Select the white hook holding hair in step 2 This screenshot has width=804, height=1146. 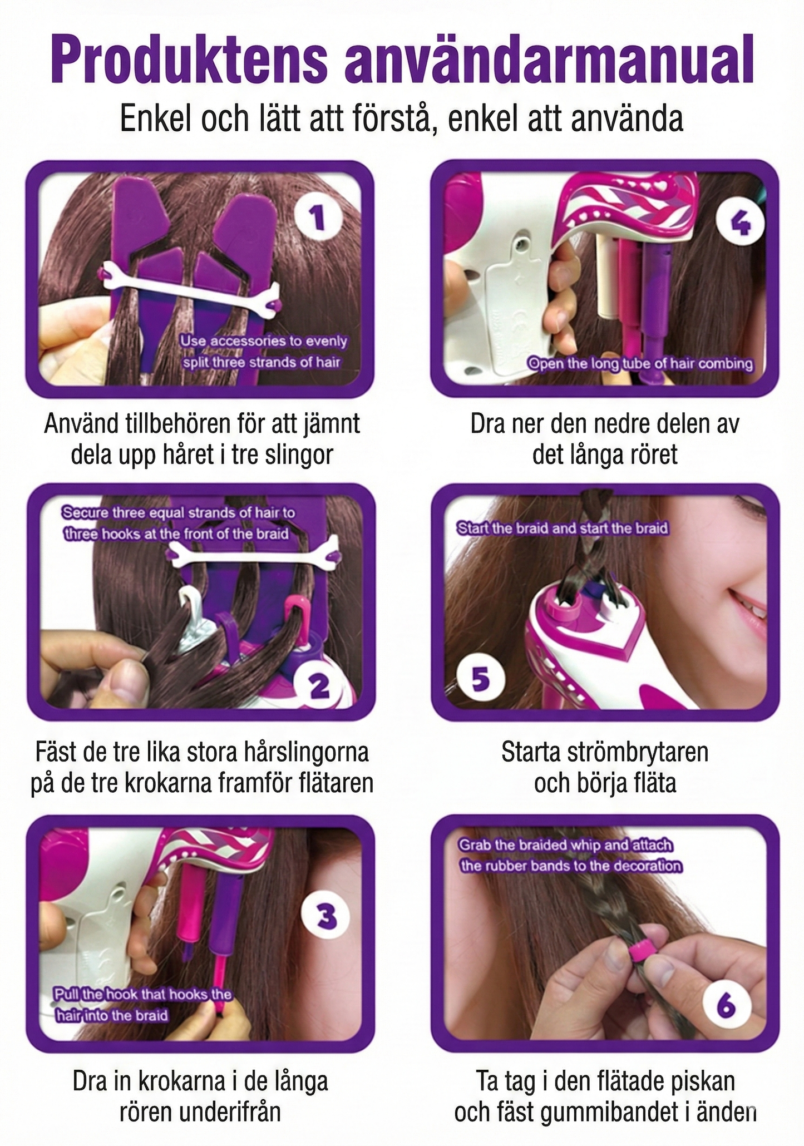(190, 604)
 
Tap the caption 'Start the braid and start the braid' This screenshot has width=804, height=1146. (562, 528)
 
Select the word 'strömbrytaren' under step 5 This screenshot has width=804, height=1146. (637, 752)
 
